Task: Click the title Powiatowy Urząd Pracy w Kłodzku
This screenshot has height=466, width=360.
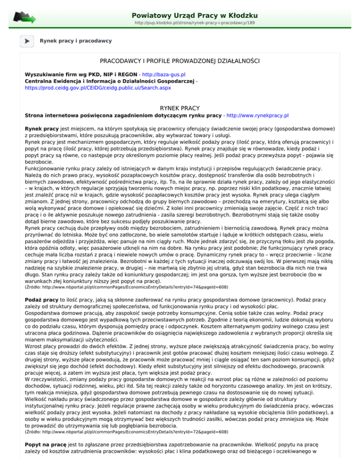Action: (x=195, y=15)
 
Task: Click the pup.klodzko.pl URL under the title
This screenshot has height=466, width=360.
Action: (x=194, y=23)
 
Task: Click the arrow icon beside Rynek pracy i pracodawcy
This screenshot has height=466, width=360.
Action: (x=26, y=41)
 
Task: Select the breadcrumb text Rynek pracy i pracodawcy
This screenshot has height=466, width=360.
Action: (x=76, y=41)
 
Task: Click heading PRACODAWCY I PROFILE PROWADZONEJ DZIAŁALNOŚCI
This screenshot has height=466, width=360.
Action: (x=180, y=61)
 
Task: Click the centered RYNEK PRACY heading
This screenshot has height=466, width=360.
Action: (x=180, y=107)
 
